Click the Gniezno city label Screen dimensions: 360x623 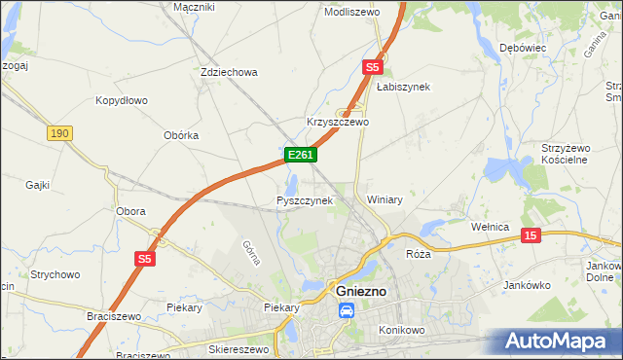362,291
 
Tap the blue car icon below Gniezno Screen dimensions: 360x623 346,311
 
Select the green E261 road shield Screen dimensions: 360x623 299,155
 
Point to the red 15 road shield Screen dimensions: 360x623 530,235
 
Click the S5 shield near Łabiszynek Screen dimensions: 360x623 372,67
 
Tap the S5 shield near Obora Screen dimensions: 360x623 145,259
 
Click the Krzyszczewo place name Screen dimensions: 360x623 338,123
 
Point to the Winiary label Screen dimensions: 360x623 385,198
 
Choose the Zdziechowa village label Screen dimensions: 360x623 228,72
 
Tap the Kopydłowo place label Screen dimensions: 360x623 121,100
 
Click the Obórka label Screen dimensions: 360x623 181,135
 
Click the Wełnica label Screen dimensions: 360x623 490,227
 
